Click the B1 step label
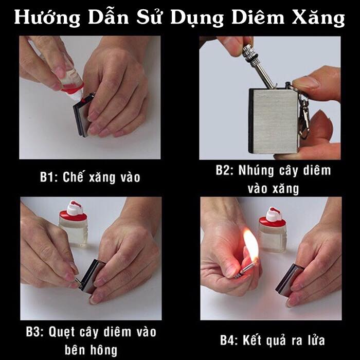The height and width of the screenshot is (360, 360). (49, 177)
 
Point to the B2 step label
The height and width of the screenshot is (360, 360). (224, 170)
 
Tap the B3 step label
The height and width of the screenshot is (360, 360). (34, 332)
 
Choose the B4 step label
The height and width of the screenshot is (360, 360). (229, 340)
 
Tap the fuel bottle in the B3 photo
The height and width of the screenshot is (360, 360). (74, 224)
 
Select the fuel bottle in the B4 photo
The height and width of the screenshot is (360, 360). (273, 229)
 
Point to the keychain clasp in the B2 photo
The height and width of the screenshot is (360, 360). (304, 117)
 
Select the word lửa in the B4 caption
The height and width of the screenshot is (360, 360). (316, 340)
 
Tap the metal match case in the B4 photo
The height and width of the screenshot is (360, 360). (289, 280)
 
